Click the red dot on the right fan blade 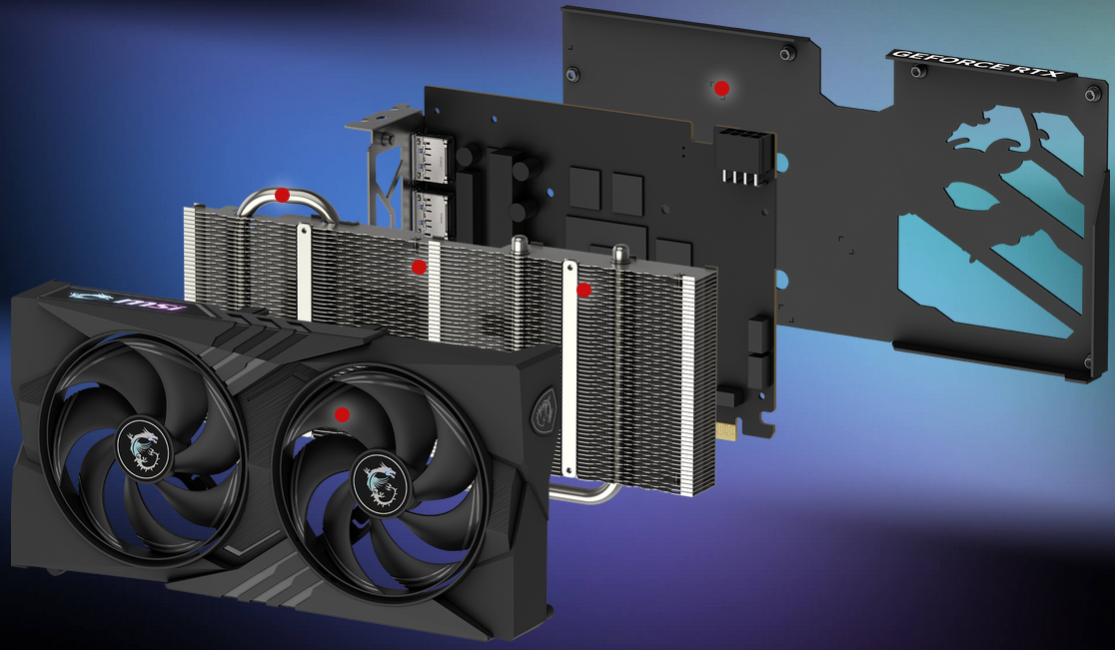342,414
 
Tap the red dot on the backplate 721,89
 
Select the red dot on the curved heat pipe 283,195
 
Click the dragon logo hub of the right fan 381,481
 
